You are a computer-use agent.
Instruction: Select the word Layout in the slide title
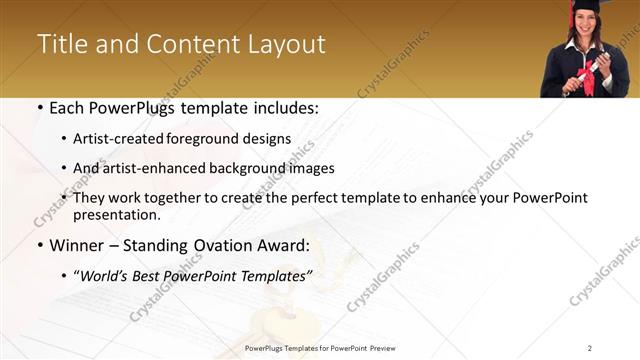pyautogui.click(x=284, y=45)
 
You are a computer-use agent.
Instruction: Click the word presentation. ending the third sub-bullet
pyautogui.click(x=116, y=215)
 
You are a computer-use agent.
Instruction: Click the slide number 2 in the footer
pyautogui.click(x=590, y=348)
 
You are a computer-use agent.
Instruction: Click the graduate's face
pyautogui.click(x=584, y=30)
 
